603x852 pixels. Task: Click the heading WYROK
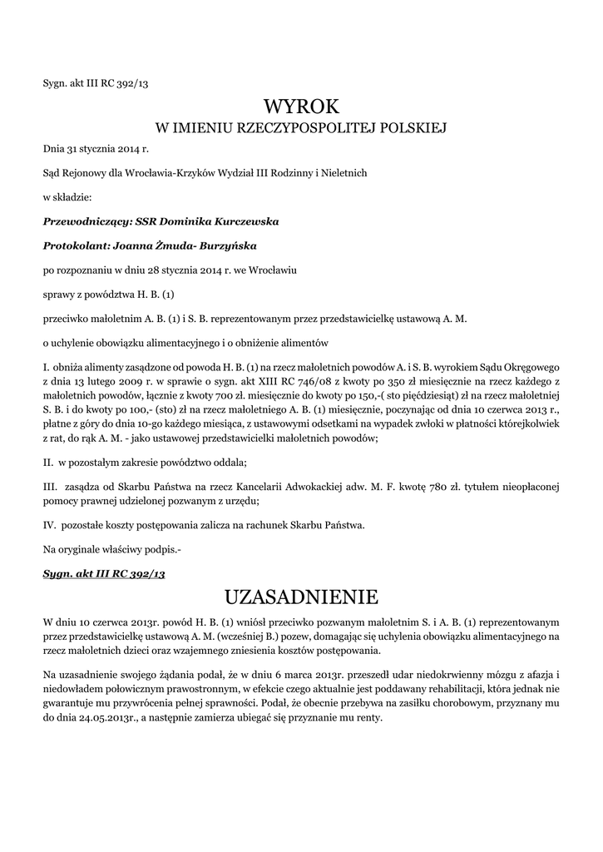tap(301, 106)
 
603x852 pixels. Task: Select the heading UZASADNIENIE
tap(301, 597)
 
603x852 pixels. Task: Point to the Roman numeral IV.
tap(48, 524)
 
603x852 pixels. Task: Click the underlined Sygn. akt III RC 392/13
tap(104, 573)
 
